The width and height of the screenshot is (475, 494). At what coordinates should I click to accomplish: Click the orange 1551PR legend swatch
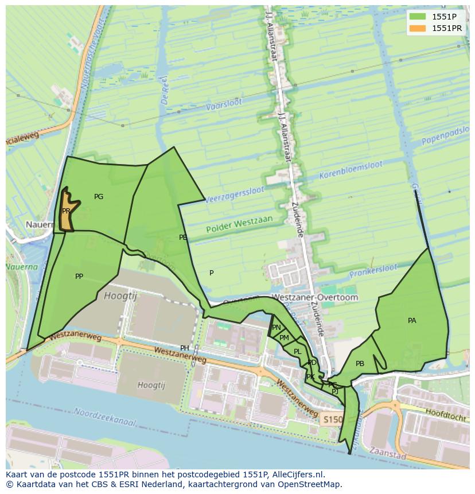(419, 28)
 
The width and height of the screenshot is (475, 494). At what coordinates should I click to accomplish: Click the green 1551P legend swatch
(419, 16)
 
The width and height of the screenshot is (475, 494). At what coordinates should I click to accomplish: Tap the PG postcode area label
(99, 197)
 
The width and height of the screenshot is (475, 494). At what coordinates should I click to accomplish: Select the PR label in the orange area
(66, 211)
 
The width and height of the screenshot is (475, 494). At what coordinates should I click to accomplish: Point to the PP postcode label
(79, 277)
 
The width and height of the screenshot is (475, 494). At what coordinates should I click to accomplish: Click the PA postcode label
(412, 321)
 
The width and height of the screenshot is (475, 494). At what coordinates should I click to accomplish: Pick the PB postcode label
(360, 364)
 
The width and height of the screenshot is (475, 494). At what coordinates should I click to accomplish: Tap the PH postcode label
(185, 348)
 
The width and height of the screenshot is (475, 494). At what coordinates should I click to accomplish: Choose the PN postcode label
(277, 328)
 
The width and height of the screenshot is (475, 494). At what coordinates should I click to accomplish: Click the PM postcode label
(284, 339)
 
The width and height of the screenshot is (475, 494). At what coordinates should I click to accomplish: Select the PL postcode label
(297, 352)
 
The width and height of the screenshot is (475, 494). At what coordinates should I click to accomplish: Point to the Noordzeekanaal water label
(105, 417)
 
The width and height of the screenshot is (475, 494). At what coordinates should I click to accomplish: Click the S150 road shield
(331, 419)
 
